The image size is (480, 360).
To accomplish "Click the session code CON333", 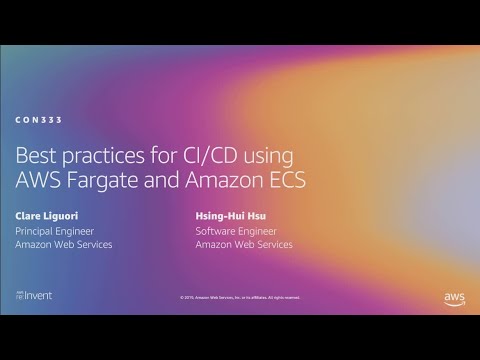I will tap(39, 120).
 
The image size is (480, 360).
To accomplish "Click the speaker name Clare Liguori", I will tap(48, 215).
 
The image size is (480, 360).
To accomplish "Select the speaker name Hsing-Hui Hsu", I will tap(230, 215).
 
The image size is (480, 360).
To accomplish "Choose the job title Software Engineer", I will tap(237, 230).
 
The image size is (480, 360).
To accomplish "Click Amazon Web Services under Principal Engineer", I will tap(64, 245).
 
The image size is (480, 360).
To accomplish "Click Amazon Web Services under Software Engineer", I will tap(244, 245).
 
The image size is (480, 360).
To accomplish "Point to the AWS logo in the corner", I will tap(454, 297).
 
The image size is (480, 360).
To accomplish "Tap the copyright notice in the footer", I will tap(239, 297).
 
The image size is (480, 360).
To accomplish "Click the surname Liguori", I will tap(63, 215).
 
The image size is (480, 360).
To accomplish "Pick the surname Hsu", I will tap(255, 215).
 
